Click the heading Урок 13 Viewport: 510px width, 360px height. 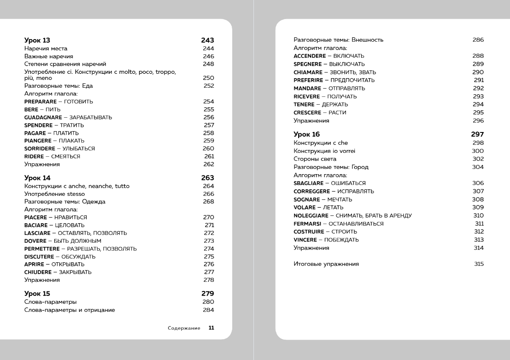(x=37, y=40)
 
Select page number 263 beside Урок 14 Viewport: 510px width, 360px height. (x=207, y=178)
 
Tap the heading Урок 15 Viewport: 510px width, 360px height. (x=37, y=294)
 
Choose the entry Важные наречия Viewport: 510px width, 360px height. (x=48, y=56)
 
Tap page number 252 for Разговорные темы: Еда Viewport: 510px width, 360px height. (x=208, y=86)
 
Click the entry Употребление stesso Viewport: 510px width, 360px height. (x=54, y=194)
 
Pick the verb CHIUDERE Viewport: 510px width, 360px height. (x=37, y=272)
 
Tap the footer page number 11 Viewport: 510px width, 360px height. (x=211, y=328)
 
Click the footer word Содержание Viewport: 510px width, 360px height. (x=184, y=328)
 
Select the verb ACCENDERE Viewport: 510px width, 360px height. (x=310, y=56)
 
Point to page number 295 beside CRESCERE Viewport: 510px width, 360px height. (x=478, y=113)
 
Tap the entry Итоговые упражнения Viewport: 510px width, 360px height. (x=326, y=264)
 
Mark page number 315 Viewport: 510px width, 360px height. (x=478, y=264)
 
